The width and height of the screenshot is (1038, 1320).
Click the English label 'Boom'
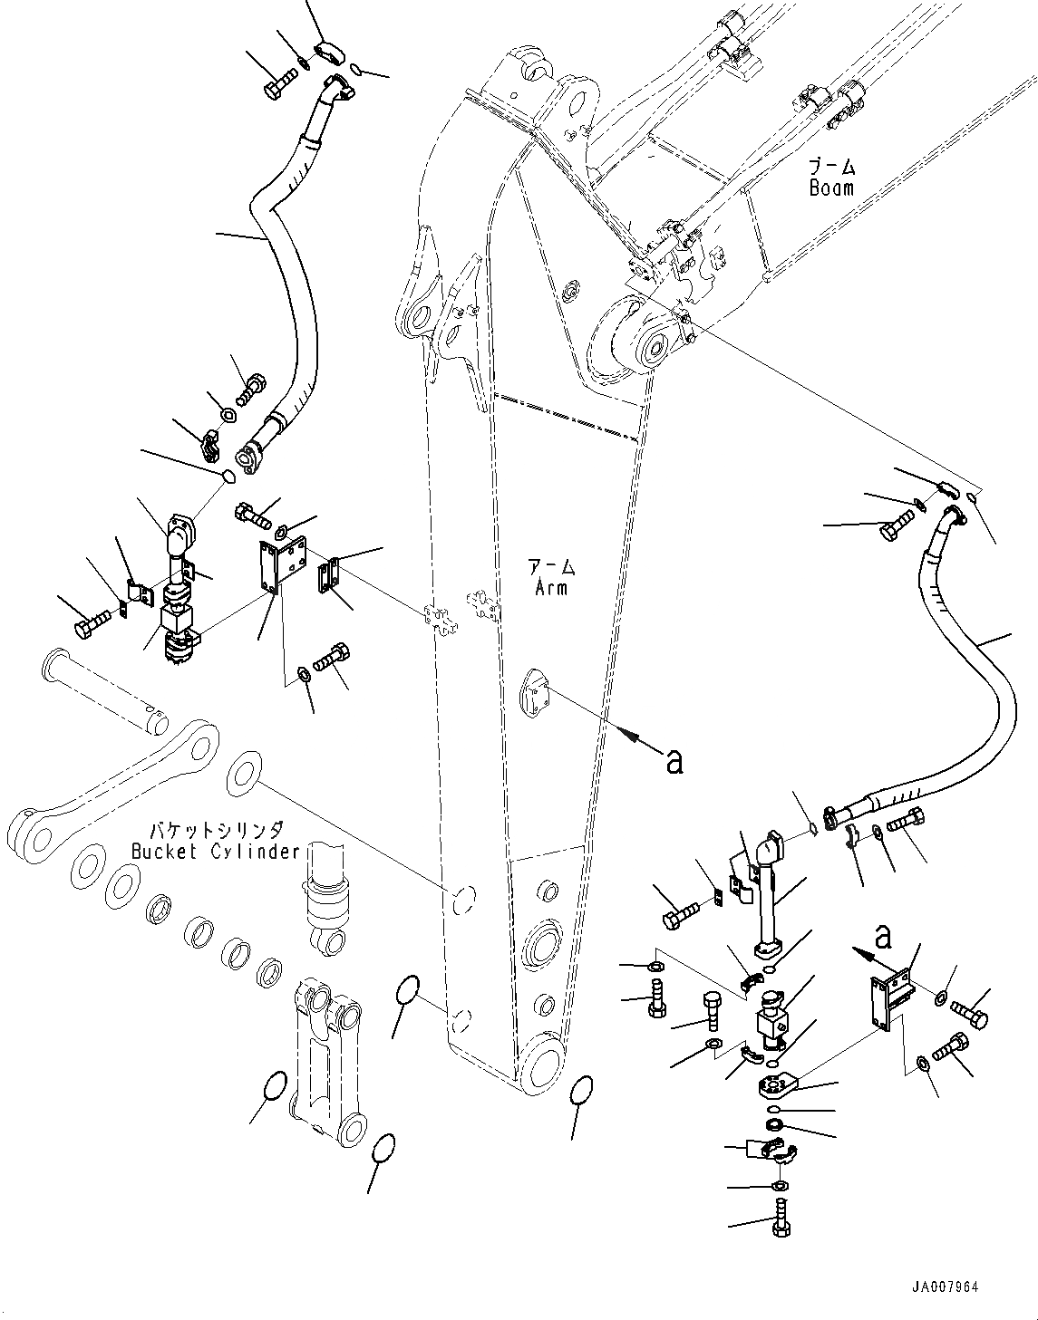coord(830,188)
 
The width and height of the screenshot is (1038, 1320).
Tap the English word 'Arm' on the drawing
coord(550,587)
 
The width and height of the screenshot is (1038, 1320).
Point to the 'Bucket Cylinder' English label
coord(215,852)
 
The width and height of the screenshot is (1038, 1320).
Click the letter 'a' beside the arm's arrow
coord(673,763)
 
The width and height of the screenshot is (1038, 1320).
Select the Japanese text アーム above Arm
coord(551,568)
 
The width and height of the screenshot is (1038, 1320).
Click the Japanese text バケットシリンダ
coord(217,830)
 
